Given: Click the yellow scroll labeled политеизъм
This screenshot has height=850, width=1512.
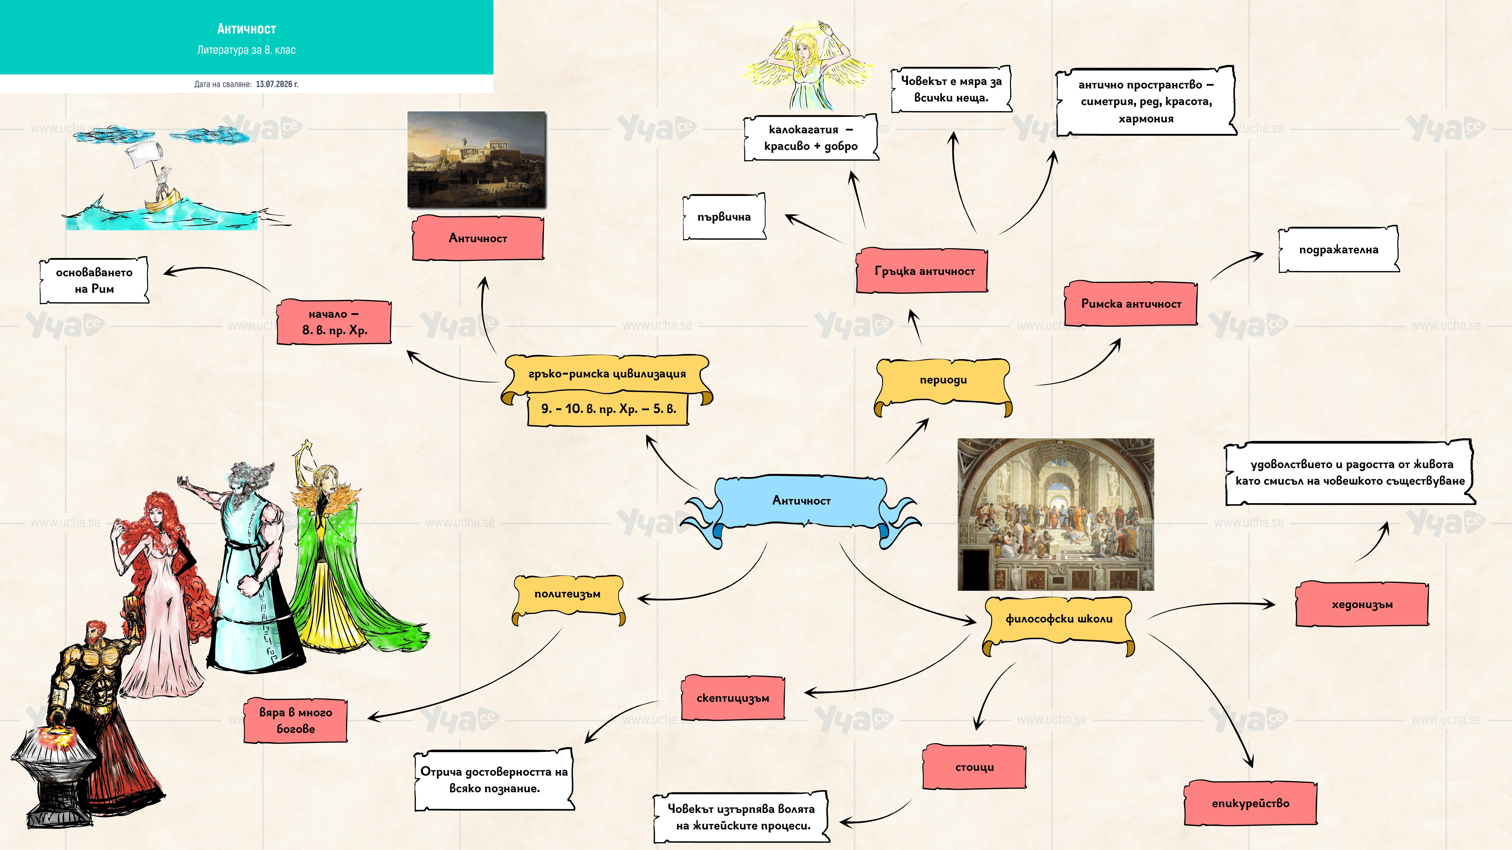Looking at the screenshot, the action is click(568, 597).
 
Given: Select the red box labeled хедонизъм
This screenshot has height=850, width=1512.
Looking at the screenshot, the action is click(1362, 604).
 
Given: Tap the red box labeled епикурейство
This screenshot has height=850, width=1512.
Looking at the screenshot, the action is click(1250, 803).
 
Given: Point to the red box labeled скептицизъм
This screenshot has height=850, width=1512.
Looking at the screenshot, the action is click(733, 698).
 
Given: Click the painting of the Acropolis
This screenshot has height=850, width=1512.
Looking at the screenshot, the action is click(477, 159).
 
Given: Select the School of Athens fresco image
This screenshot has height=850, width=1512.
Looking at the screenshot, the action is click(1055, 515).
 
